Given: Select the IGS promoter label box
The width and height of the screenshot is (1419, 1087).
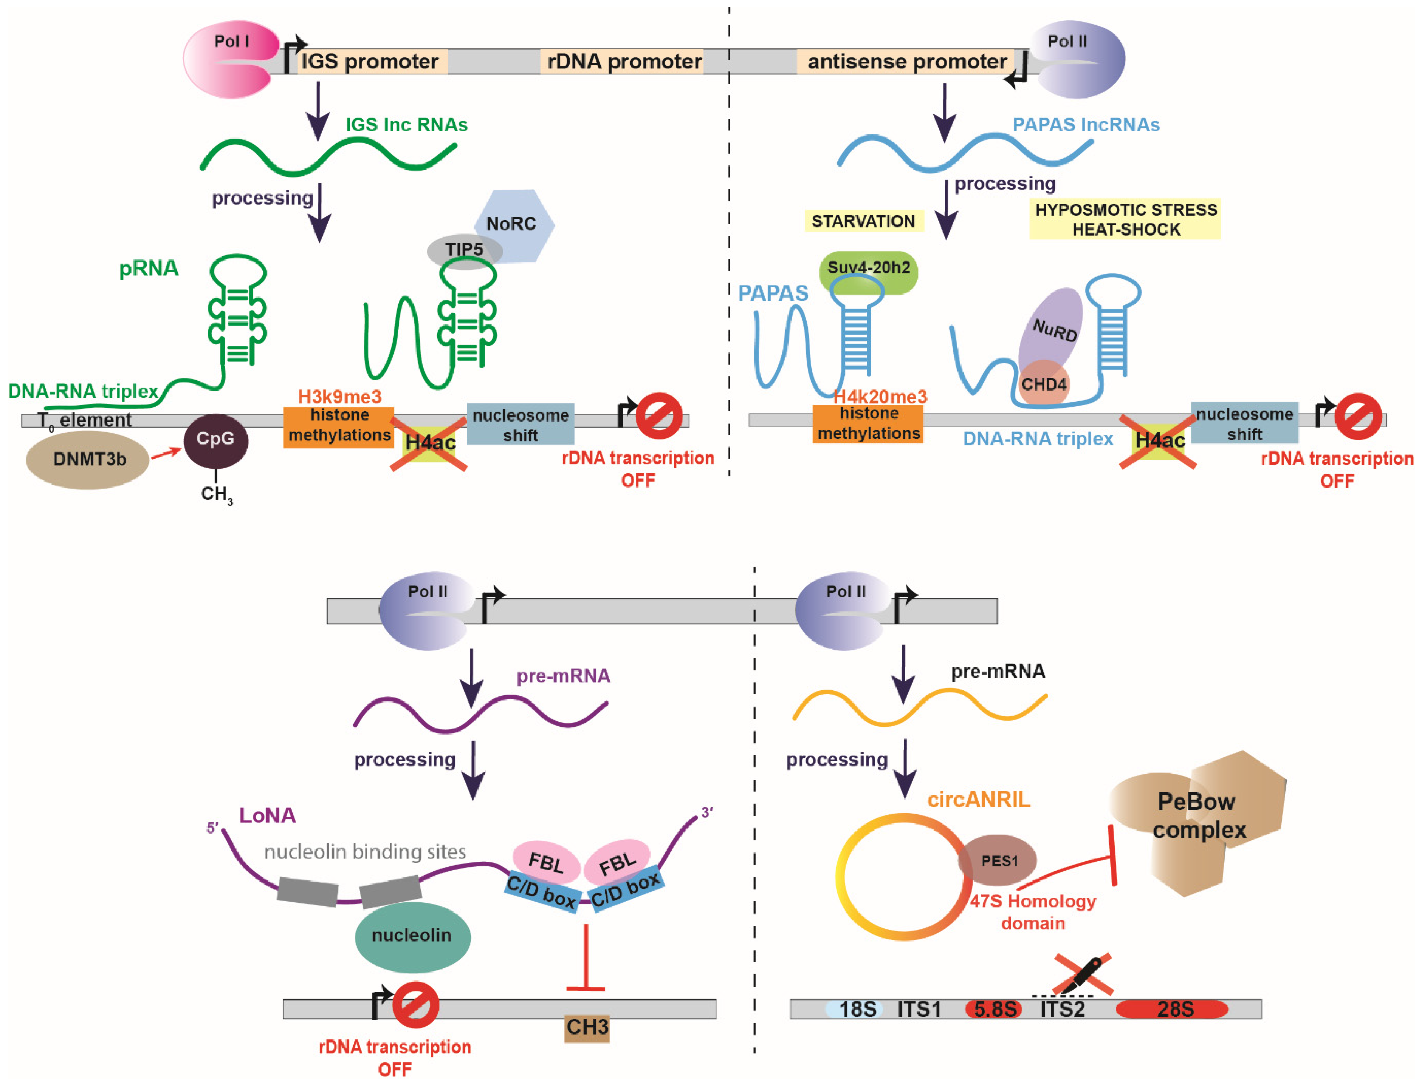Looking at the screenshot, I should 371,62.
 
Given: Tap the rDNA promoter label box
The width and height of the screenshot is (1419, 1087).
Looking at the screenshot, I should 623,62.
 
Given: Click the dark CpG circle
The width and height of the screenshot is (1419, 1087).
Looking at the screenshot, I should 215,440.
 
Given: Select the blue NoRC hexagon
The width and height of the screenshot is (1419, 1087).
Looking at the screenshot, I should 518,223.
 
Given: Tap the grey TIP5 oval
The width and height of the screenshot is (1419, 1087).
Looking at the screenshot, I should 463,250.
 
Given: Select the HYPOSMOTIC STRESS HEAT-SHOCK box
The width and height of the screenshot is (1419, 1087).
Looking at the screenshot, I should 1125,219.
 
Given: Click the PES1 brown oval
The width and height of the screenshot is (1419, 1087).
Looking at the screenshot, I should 998,860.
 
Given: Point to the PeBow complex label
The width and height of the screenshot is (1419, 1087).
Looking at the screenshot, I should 1197,815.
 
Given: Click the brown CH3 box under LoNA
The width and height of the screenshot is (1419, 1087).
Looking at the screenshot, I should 587,1027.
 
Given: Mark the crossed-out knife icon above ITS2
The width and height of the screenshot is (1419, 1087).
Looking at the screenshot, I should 1082,974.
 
